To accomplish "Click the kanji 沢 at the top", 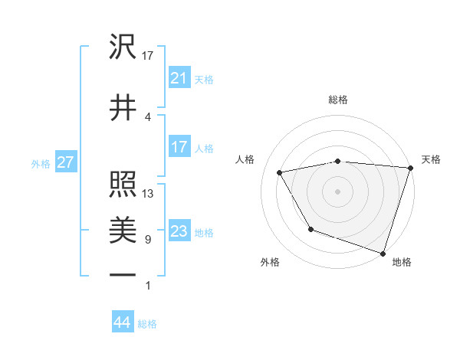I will pos(123,47).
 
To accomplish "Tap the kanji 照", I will pos(123,185).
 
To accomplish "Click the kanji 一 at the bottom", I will pos(123,274).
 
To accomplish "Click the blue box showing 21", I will pos(179,78).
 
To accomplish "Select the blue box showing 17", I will pos(179,147).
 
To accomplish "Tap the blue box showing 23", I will pos(179,231).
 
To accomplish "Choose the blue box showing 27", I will pos(65,162).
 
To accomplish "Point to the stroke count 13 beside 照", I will pos(148,194).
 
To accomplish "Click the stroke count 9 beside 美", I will pos(148,240).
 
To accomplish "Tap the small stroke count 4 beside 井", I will pos(148,116).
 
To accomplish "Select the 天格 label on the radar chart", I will pos(431,159).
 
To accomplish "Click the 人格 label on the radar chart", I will pos(246,159).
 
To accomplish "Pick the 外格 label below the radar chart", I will pos(269,262).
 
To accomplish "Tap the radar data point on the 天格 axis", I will pos(411,168).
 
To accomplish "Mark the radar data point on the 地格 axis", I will pos(383,253).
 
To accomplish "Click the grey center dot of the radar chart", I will pos(338,191).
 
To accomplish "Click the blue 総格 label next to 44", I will pos(147,324).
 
